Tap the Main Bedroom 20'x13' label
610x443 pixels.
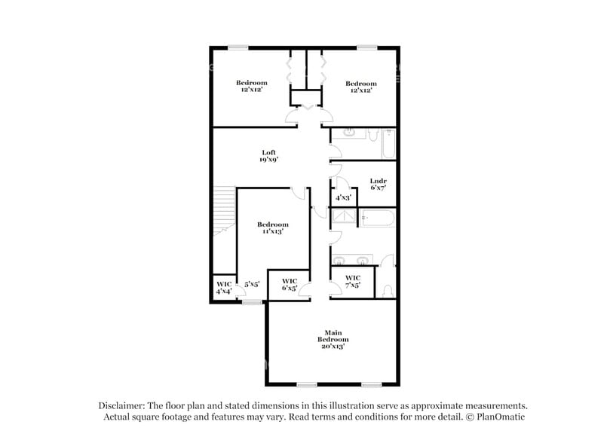[x=333, y=336]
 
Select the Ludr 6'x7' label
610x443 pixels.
[x=378, y=184]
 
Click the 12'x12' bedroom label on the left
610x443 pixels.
[x=252, y=86]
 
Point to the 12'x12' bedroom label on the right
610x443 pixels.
[x=360, y=87]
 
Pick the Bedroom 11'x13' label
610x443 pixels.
[x=272, y=228]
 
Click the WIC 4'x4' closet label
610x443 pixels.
[x=224, y=287]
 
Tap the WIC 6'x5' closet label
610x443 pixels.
[x=290, y=285]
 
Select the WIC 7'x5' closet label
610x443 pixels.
[x=353, y=282]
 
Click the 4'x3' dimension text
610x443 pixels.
[x=343, y=198]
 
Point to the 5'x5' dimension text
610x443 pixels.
[x=252, y=284]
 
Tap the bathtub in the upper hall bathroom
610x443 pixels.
[x=388, y=143]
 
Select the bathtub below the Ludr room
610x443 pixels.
[x=377, y=218]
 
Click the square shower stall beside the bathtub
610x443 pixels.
[x=345, y=218]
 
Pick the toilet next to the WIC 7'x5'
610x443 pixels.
[x=387, y=289]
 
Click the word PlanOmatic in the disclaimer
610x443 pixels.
[x=498, y=417]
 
